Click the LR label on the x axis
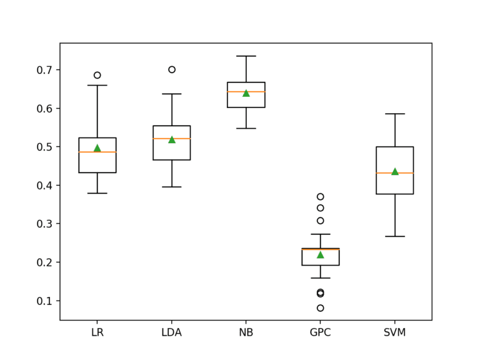tap(97, 332)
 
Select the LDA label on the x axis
tap(171, 332)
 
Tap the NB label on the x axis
tap(246, 332)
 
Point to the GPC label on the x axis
tap(320, 332)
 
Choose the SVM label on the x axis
tap(394, 332)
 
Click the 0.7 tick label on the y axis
tap(45, 70)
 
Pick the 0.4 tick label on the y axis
tap(45, 186)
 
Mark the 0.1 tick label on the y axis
tap(45, 301)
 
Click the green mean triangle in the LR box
tap(97, 148)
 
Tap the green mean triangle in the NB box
tap(246, 93)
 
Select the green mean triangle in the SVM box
tap(394, 171)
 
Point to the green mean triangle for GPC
tap(320, 254)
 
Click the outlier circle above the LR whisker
tap(97, 75)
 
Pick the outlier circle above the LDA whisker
tap(172, 69)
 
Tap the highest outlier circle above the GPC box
tap(320, 197)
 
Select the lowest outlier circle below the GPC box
tap(320, 308)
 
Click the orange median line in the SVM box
tap(394, 173)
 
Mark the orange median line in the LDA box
tap(172, 139)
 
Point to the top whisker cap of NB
tap(246, 56)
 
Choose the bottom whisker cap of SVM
tap(394, 236)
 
